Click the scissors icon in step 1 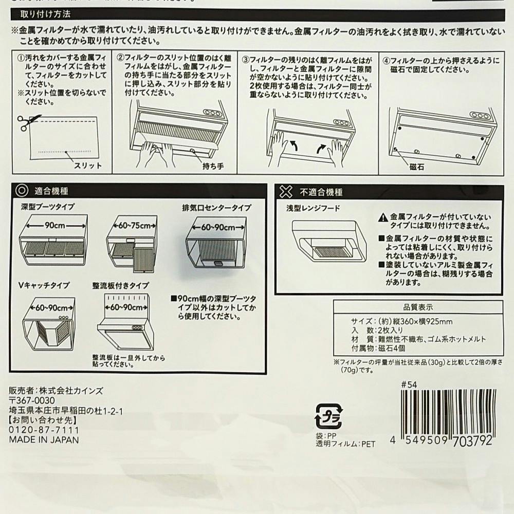click(x=29, y=122)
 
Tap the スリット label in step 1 click(x=87, y=166)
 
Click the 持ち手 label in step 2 click(x=213, y=166)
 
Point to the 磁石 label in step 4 click(x=417, y=167)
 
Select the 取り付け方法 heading click(x=46, y=14)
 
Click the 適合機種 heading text click(x=51, y=191)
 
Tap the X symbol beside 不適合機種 click(x=286, y=192)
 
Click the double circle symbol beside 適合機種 click(x=22, y=191)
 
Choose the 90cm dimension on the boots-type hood click(x=55, y=226)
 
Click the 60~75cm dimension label click(x=135, y=226)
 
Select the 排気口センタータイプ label click(x=217, y=208)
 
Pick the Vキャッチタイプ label click(x=44, y=285)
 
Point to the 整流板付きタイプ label click(x=121, y=286)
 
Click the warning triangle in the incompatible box click(x=383, y=217)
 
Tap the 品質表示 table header click(x=418, y=307)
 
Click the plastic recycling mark click(x=329, y=416)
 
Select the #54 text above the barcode click(x=409, y=384)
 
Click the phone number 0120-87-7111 click(x=44, y=430)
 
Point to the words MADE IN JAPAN click(x=44, y=440)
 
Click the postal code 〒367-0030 click(x=32, y=400)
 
